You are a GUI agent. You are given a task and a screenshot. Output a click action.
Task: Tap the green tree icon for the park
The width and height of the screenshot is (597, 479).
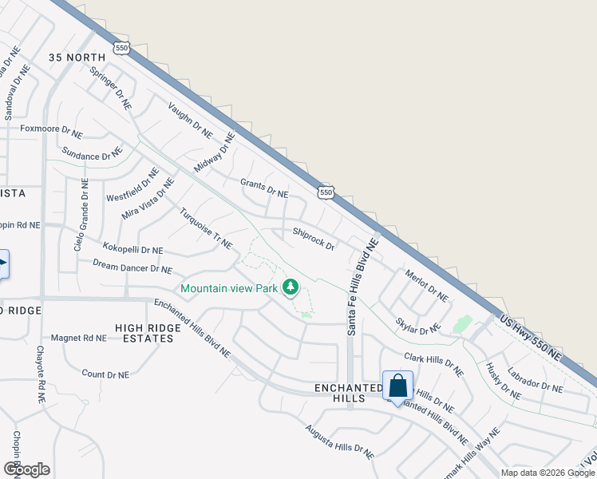click(x=291, y=286)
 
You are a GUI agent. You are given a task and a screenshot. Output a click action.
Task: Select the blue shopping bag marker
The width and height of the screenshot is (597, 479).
click(x=397, y=386)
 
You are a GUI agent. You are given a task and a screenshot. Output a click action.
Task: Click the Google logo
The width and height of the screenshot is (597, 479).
click(x=26, y=469)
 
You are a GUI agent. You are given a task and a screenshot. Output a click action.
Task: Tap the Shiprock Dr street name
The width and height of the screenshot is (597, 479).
click(x=314, y=239)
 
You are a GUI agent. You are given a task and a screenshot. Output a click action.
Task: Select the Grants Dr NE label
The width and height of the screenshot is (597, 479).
click(x=264, y=188)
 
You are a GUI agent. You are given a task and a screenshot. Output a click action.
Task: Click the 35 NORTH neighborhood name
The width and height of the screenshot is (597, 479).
click(x=77, y=57)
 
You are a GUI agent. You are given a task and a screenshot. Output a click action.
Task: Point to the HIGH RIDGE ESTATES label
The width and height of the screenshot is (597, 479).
click(x=144, y=333)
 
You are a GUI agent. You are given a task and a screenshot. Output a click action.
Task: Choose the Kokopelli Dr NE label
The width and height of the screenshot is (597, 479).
click(x=132, y=247)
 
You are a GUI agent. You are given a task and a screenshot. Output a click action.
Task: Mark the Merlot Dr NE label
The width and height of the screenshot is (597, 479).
click(x=427, y=283)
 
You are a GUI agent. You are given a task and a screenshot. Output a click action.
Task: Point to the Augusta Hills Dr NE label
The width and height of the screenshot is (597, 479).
click(x=339, y=441)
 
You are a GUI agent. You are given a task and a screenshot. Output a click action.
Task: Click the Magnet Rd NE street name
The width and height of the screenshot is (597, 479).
click(x=79, y=338)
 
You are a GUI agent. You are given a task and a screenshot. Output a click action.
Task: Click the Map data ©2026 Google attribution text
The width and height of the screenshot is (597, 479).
click(x=547, y=473)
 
